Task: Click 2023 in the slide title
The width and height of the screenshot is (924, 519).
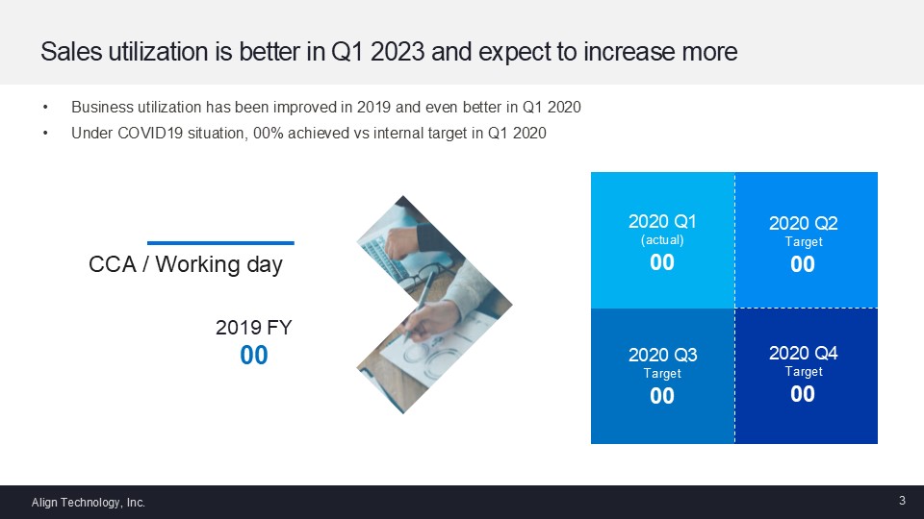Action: [x=398, y=52]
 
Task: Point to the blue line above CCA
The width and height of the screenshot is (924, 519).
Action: [x=220, y=242]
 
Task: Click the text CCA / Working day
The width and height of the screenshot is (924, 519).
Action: [x=186, y=264]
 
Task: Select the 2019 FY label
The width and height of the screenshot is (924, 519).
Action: [x=253, y=327]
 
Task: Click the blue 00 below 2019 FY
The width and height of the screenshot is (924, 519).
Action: [x=254, y=356]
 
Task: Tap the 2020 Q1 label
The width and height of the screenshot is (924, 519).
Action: [x=662, y=221]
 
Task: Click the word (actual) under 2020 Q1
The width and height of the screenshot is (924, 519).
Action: [x=662, y=240]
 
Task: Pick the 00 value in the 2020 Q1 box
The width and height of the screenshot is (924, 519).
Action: [x=662, y=262]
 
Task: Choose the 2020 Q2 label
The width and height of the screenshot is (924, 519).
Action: [x=803, y=223]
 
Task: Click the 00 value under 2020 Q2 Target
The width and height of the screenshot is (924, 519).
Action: [x=803, y=264]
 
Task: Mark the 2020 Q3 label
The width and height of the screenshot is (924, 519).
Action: [x=663, y=355]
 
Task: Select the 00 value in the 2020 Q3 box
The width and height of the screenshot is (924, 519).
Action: [x=662, y=396]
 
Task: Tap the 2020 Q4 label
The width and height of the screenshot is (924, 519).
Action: [x=803, y=353]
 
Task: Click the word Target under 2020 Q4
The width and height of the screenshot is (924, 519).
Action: [x=804, y=371]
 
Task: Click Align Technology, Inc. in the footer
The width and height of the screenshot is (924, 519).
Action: [x=89, y=503]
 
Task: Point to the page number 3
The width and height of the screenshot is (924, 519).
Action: [x=902, y=501]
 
